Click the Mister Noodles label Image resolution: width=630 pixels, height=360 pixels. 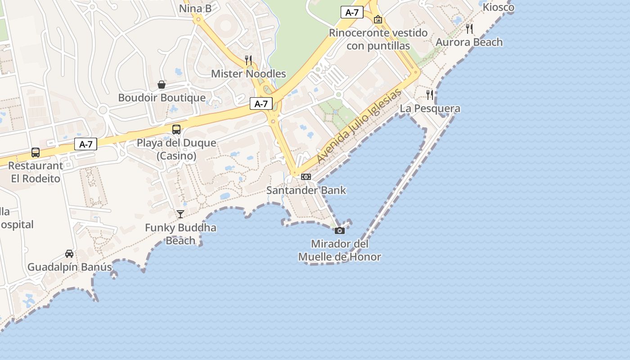(248, 74)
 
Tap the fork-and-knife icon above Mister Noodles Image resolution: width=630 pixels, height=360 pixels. (248, 60)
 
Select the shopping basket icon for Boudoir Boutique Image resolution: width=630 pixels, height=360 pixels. (161, 85)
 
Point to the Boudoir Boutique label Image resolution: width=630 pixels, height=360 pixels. (162, 98)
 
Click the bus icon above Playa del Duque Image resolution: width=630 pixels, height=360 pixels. (176, 130)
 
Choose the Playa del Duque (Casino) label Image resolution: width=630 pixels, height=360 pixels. (176, 149)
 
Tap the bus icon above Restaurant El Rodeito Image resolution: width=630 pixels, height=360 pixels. (36, 153)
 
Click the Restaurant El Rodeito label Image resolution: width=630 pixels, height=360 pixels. (36, 172)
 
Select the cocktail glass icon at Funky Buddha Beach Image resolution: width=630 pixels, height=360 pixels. (180, 214)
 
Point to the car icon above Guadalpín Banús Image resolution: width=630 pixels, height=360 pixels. (69, 254)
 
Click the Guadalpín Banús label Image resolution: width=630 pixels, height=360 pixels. (70, 267)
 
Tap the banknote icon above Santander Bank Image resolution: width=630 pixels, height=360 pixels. (306, 177)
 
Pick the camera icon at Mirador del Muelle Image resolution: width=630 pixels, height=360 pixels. (340, 231)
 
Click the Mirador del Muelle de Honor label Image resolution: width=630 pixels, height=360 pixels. (340, 251)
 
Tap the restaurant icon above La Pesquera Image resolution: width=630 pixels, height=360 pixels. (430, 94)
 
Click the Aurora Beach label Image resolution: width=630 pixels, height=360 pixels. (469, 42)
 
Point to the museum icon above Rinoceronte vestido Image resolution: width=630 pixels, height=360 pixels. (378, 19)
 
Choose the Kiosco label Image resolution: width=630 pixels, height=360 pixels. (498, 7)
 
